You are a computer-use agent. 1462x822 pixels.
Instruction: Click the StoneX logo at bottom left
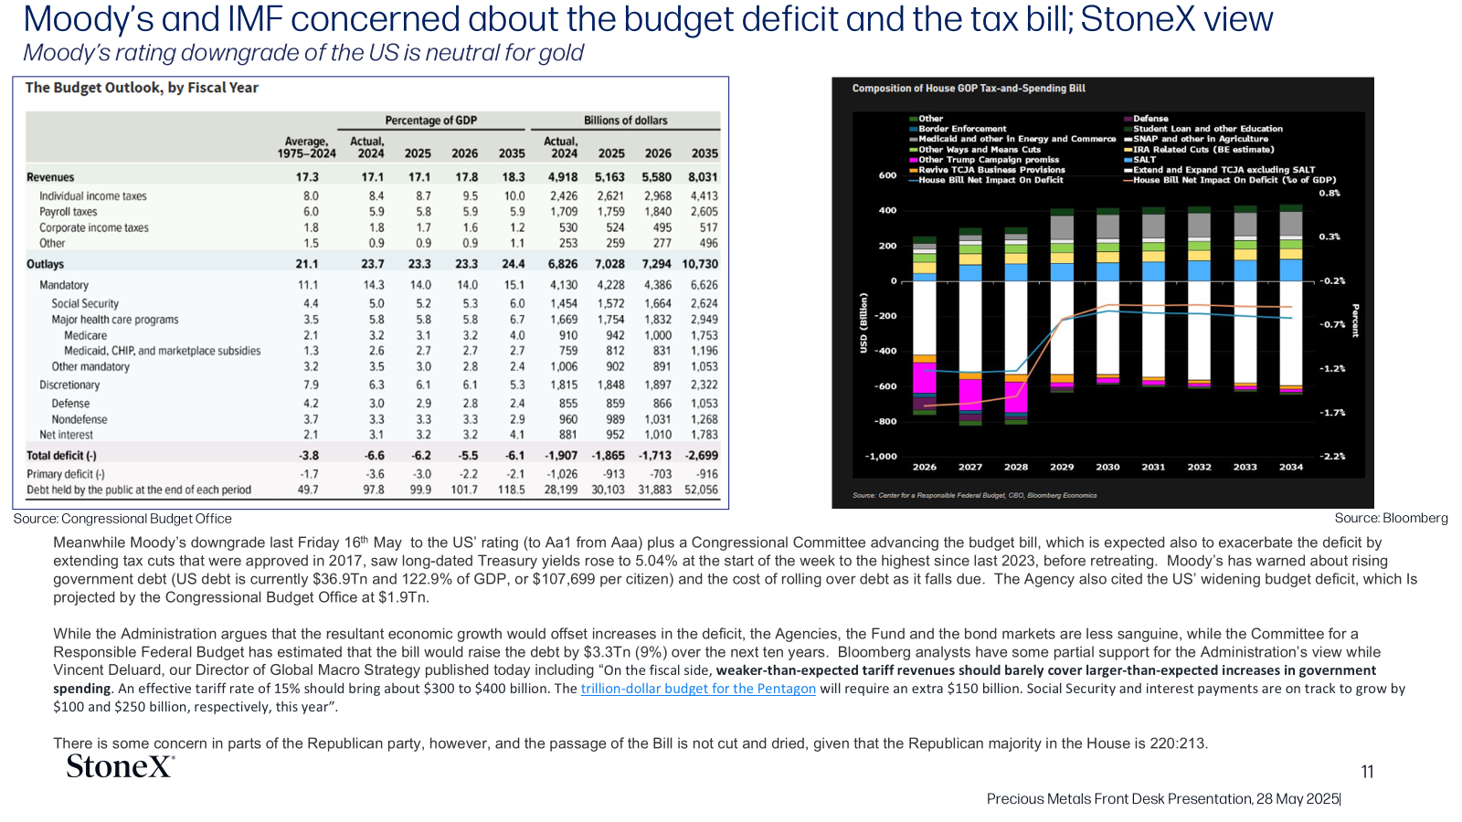coord(121,766)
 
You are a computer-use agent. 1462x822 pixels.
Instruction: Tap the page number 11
coord(1367,772)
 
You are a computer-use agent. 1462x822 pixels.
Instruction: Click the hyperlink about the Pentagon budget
coord(698,689)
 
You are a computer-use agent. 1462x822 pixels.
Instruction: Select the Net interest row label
coord(66,435)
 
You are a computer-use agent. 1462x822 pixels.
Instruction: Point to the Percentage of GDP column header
coord(430,121)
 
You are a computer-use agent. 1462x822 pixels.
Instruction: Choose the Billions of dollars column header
coord(625,121)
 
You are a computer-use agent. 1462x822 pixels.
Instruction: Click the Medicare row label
coord(86,335)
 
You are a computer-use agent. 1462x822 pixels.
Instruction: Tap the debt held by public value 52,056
coord(701,490)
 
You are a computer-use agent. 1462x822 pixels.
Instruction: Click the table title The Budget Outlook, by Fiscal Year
coord(142,88)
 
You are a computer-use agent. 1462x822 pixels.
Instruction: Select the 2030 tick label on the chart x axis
coord(1107,467)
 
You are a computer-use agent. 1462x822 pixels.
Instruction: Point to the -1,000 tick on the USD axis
coord(881,456)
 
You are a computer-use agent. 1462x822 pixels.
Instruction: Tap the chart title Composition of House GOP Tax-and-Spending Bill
coord(969,88)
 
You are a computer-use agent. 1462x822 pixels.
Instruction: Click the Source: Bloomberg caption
coord(1391,518)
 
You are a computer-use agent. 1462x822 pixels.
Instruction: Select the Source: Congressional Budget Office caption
coord(122,519)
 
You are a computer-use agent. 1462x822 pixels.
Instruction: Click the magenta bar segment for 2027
coord(969,395)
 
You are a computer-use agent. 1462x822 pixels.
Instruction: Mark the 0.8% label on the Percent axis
coord(1330,193)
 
